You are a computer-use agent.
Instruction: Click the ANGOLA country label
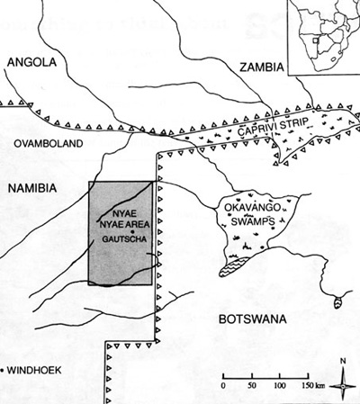pos(31,62)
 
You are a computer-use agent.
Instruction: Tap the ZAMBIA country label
pos(261,67)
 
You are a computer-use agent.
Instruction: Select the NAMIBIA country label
pos(32,188)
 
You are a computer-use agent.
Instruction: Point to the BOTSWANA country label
pos(252,319)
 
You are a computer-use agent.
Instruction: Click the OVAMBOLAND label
pos(49,143)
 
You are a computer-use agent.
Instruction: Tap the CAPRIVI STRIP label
pos(273,127)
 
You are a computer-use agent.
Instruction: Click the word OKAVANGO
pos(253,207)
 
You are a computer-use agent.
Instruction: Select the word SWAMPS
pos(253,221)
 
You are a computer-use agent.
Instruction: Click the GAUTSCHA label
pos(124,239)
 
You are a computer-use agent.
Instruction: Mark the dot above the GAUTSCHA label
pos(132,232)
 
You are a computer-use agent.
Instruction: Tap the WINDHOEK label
pos(34,370)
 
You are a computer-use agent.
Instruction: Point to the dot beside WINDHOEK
pos(2,371)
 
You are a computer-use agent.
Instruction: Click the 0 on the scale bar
pos(223,385)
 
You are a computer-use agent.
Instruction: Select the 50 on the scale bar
pos(252,385)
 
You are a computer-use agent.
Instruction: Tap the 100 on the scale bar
pos(280,385)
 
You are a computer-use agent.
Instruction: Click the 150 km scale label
pos(312,385)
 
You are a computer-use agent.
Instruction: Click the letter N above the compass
pos(343,361)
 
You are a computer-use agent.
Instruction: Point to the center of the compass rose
pos(343,386)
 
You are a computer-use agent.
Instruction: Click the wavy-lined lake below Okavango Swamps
pos(234,265)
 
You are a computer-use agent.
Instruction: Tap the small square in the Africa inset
pos(315,40)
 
